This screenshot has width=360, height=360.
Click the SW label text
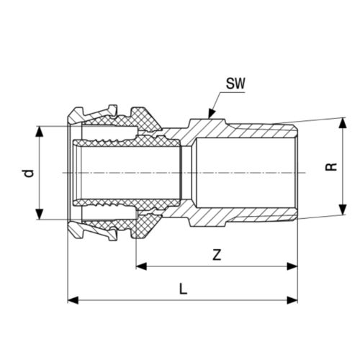(235, 85)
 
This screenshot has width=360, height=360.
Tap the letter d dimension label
(27, 173)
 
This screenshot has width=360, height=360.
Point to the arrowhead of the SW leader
(209, 114)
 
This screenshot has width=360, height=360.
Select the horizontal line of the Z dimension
(216, 266)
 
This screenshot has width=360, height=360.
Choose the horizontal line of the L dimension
(144, 299)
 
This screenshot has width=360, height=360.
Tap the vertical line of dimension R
(341, 151)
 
